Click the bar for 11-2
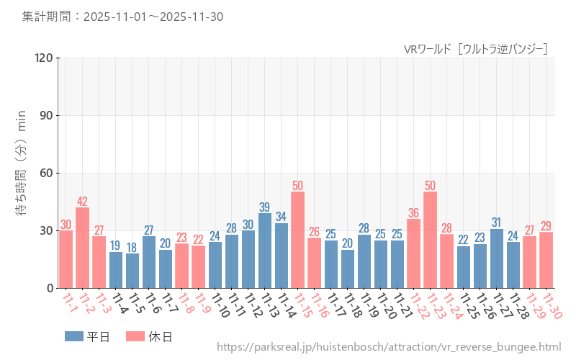[83, 248]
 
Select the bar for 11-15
[298, 240]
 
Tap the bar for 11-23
[431, 240]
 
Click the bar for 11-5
[132, 271]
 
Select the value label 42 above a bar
[83, 202]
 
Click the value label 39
[265, 207]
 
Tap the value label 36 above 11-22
[414, 213]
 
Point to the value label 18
[132, 248]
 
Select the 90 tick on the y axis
[45, 115]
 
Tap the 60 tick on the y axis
[45, 173]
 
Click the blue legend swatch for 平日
[74, 336]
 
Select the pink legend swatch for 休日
[135, 336]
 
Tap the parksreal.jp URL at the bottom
[388, 347]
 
